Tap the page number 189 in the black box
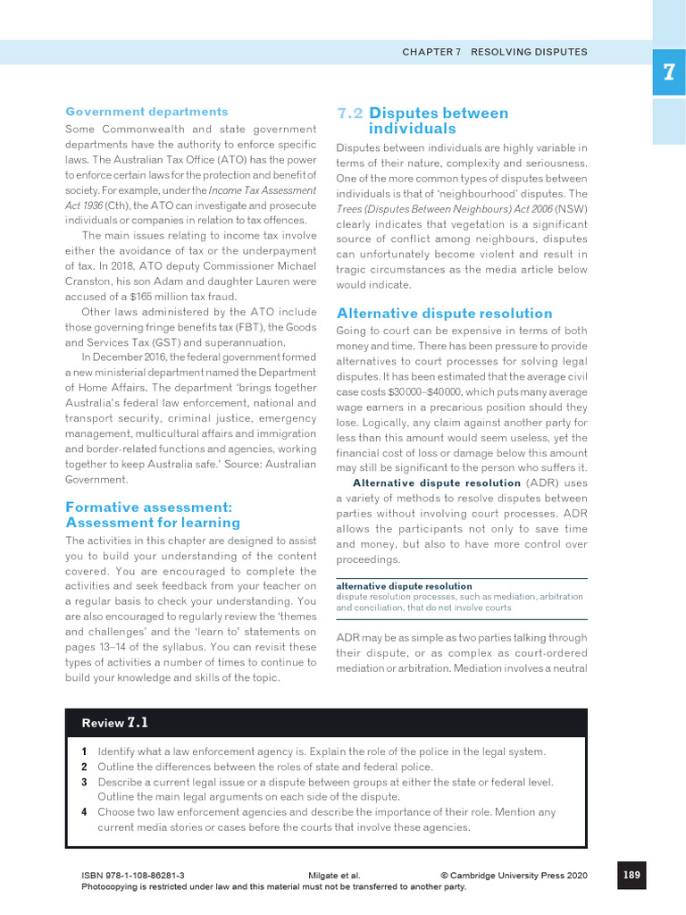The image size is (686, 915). (x=631, y=875)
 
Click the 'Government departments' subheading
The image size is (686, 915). (x=146, y=112)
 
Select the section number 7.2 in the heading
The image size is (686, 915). (x=349, y=113)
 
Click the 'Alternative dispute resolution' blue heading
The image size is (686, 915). (x=444, y=314)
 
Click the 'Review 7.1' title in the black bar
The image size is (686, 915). (x=114, y=723)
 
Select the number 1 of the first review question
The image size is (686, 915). (x=84, y=751)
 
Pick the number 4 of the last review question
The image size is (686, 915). (x=84, y=812)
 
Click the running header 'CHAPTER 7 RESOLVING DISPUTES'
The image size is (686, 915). (x=494, y=52)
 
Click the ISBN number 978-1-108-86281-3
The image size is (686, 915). (x=133, y=877)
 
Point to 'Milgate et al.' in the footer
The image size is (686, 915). (x=328, y=877)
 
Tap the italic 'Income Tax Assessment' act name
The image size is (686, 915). (x=263, y=190)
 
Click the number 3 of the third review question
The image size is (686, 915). (x=84, y=782)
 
